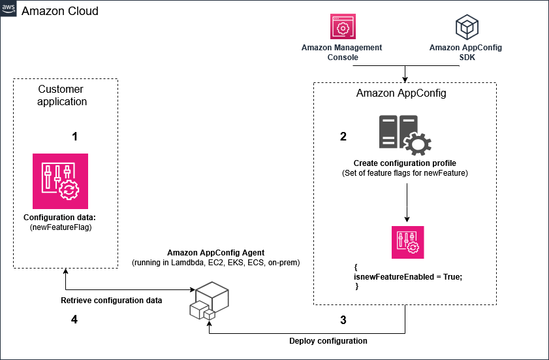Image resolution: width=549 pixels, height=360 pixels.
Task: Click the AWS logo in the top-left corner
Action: [x=9, y=10]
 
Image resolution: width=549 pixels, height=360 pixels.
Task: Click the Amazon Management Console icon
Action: [x=341, y=27]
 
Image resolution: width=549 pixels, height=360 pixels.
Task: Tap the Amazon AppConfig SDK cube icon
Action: [x=466, y=27]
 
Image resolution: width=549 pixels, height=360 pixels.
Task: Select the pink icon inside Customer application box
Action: [x=60, y=181]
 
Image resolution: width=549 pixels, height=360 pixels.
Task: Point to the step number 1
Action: [x=74, y=137]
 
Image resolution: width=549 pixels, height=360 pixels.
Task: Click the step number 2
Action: [x=343, y=137]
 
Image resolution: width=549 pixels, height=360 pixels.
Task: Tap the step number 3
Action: [x=343, y=320]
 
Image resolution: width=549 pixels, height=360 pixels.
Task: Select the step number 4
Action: [x=74, y=320]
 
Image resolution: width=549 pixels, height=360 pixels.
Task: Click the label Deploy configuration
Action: [x=328, y=341]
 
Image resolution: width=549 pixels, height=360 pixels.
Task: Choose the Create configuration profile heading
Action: [x=405, y=163]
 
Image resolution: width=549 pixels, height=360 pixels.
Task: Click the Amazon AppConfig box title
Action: [x=401, y=93]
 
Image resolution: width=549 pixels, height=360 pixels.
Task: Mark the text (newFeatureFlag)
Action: [x=59, y=227]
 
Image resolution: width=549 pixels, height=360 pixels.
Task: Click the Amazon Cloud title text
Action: [x=60, y=11]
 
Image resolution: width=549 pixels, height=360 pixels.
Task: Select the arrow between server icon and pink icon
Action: [x=407, y=203]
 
